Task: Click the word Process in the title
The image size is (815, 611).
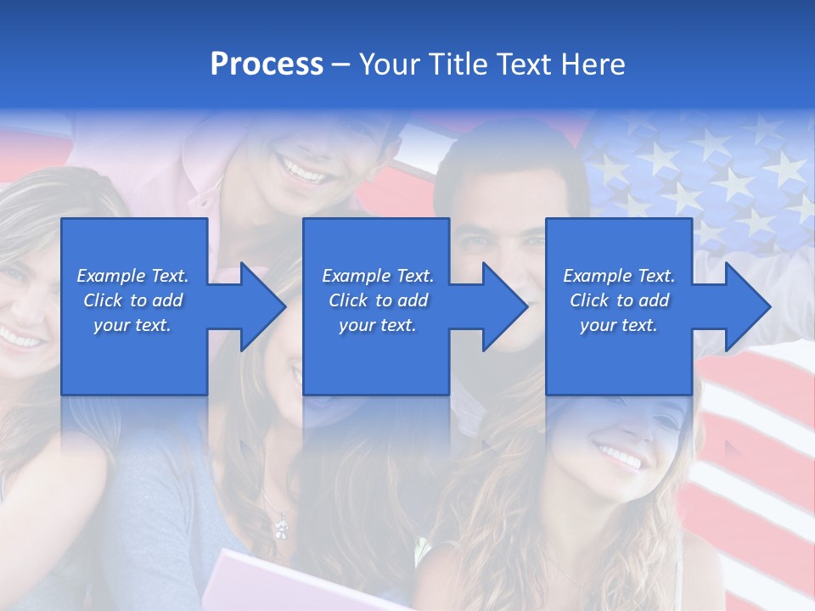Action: click(x=267, y=64)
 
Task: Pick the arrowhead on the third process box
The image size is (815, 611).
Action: click(x=746, y=306)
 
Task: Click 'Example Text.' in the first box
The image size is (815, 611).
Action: click(x=132, y=276)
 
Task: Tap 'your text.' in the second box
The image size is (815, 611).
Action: click(x=377, y=325)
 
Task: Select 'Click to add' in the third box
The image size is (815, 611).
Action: click(x=619, y=300)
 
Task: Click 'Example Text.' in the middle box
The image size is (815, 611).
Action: click(x=377, y=276)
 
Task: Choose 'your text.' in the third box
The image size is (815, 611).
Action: click(x=619, y=325)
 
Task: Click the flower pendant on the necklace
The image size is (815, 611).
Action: click(x=279, y=529)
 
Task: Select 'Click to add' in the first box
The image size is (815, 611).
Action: click(x=132, y=300)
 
